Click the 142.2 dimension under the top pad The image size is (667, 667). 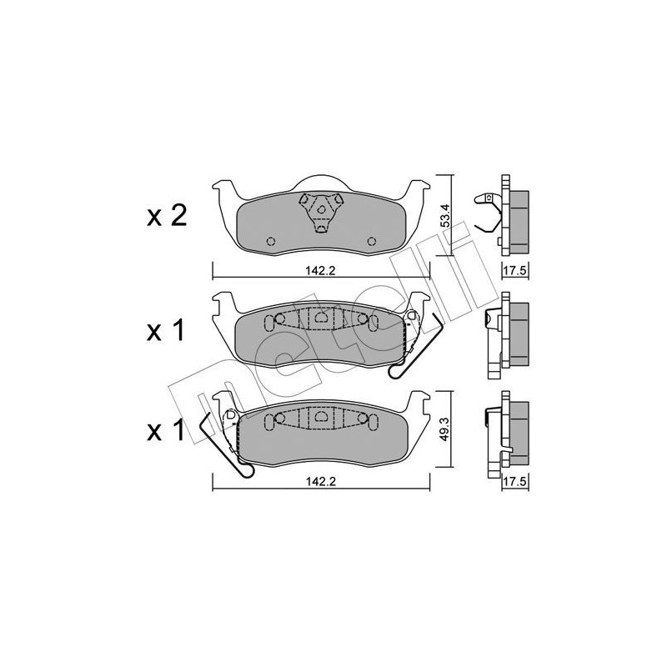323,270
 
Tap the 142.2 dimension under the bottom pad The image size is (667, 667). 323,480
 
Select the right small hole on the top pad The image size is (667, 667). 371,242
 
